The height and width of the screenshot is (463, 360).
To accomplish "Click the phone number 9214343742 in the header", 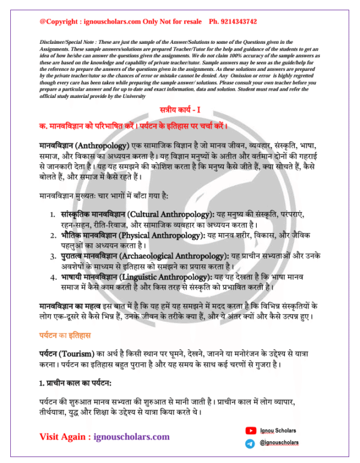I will pos(233,22).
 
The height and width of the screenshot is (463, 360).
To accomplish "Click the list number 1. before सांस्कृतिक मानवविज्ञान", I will pos(54,214).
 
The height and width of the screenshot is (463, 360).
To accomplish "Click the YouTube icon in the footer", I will pos(250,430).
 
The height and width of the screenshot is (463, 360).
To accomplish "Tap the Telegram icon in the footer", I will pos(250,443).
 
